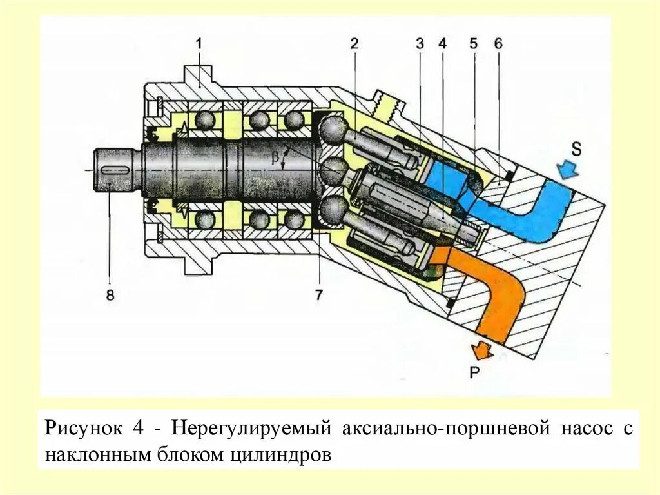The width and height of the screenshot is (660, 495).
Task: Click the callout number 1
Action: tap(199, 44)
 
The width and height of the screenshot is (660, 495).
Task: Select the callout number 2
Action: tap(354, 44)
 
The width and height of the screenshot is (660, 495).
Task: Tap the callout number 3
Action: tap(420, 44)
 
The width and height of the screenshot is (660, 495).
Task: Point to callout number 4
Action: tap(442, 44)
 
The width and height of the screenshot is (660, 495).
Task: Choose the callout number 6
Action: tap(498, 44)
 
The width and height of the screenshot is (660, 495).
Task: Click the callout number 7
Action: tap(319, 294)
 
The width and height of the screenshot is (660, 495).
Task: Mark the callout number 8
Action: tap(110, 294)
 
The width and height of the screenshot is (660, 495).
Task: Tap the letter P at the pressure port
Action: tap(474, 372)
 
